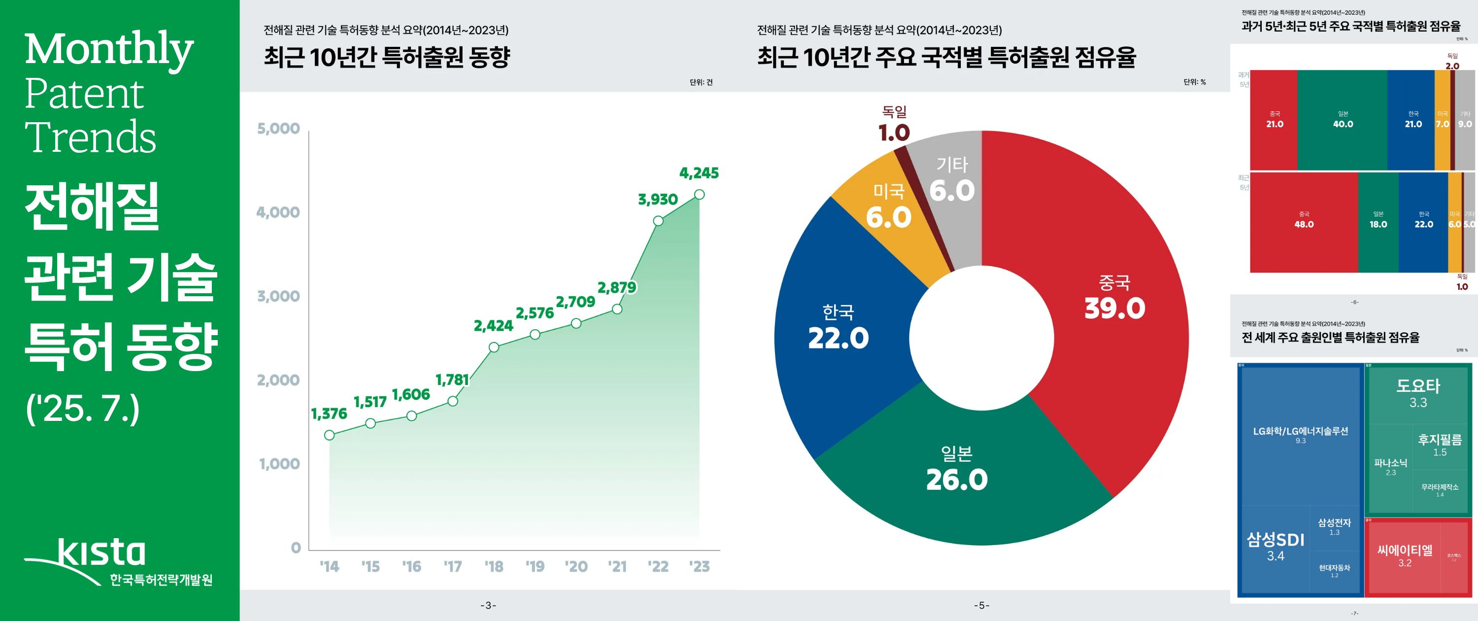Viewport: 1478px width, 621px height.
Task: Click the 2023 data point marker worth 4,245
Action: (699, 195)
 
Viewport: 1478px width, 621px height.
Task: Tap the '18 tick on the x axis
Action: (494, 566)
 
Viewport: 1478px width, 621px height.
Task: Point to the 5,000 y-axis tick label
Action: (278, 129)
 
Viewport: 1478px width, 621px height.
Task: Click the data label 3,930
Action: (658, 200)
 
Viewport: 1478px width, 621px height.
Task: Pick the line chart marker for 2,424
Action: (494, 347)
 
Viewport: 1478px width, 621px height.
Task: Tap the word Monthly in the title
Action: (109, 50)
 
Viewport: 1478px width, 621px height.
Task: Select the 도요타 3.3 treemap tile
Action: (1418, 393)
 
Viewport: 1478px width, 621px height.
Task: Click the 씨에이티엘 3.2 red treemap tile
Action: (1404, 555)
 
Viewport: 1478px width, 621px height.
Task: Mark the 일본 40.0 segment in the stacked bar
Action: (1343, 120)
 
